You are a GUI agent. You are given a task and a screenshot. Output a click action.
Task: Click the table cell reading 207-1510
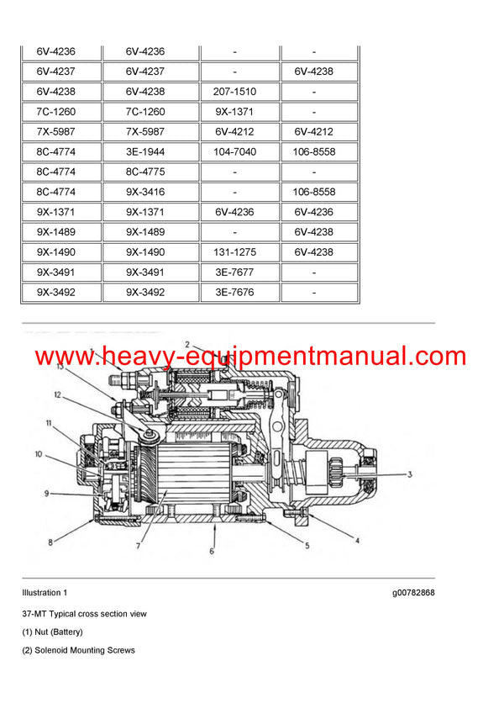tap(235, 92)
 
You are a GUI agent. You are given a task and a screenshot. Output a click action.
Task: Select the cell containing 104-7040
tap(235, 152)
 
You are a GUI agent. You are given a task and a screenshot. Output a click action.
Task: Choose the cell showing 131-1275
tap(235, 252)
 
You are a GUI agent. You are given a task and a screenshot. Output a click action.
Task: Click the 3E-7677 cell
tap(235, 272)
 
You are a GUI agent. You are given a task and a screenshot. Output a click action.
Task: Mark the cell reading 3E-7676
tap(235, 293)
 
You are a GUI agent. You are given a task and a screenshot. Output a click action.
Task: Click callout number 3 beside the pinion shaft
tap(409, 475)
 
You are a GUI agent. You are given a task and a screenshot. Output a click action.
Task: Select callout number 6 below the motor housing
tap(212, 552)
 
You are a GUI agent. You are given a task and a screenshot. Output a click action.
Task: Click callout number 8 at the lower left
tap(50, 543)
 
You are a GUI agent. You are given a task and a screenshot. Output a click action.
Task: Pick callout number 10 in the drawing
tap(39, 455)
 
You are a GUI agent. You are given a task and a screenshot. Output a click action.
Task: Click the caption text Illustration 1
tap(45, 593)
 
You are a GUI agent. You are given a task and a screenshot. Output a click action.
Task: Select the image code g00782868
tap(412, 593)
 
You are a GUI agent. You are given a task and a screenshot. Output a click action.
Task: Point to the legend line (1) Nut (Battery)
tap(52, 632)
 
